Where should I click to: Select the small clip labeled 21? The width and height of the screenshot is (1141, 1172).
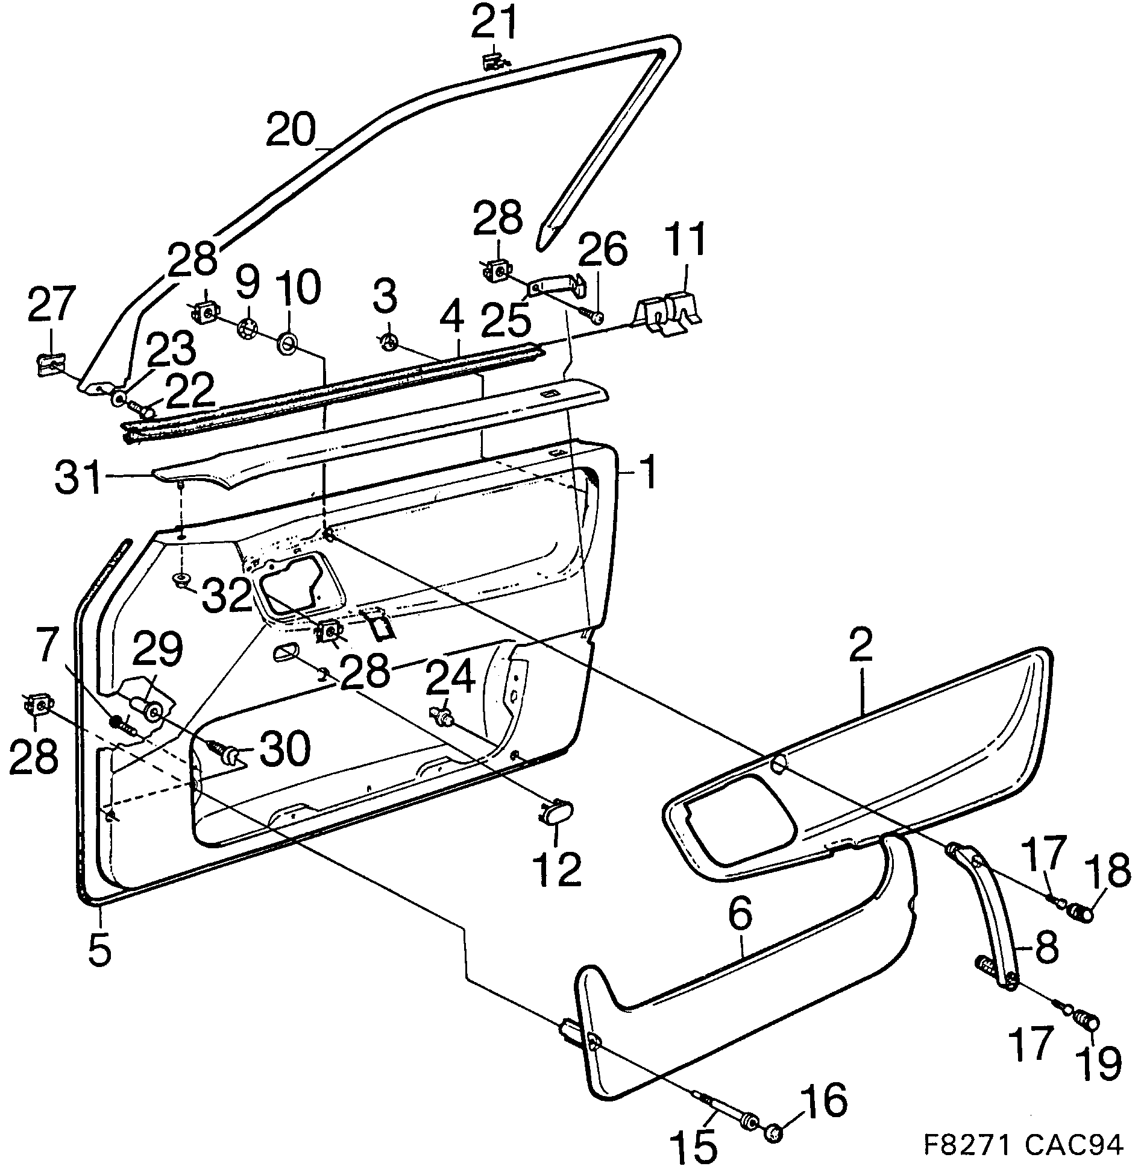(493, 61)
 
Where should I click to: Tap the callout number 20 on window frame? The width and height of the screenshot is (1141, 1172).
(291, 131)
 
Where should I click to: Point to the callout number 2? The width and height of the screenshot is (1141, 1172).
(861, 646)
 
